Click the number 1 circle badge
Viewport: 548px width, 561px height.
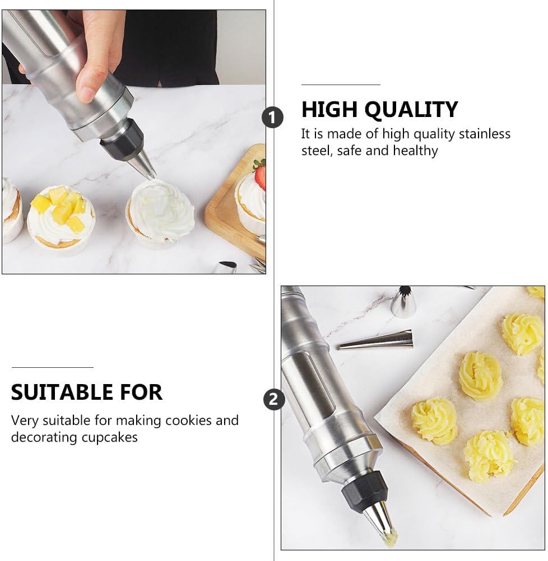(272, 118)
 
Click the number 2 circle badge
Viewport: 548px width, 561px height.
(274, 399)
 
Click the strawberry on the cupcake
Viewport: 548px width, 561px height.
(260, 174)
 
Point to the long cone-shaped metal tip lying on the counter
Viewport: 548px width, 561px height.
(376, 340)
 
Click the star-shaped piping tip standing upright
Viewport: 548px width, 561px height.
(403, 302)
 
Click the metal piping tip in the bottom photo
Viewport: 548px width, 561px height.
(380, 522)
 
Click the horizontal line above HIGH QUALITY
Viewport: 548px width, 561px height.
(341, 85)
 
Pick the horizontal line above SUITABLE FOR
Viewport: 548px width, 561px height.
(52, 367)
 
